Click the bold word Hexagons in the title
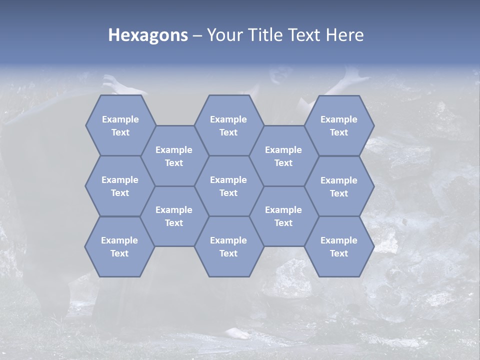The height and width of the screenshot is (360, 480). point(148,35)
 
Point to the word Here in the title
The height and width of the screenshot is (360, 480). point(345,35)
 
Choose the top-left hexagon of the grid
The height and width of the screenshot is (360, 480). point(120,125)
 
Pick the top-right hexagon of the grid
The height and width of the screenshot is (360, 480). point(339,125)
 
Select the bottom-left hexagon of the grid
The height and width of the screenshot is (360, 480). point(119,246)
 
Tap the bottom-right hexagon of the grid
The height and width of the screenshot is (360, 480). point(339,246)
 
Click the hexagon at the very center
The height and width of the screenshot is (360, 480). point(228,186)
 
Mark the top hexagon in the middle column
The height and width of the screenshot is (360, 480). point(228,125)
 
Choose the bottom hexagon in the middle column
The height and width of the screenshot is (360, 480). point(228,246)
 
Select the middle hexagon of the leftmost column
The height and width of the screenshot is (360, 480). point(119,186)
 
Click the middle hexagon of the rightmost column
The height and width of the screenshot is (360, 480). point(339,186)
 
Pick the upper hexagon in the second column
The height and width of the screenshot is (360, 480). point(174,156)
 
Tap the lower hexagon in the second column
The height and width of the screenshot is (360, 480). point(174,216)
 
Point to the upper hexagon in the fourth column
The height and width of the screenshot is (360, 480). point(283,156)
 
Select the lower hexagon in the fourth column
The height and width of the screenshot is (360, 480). point(283,216)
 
